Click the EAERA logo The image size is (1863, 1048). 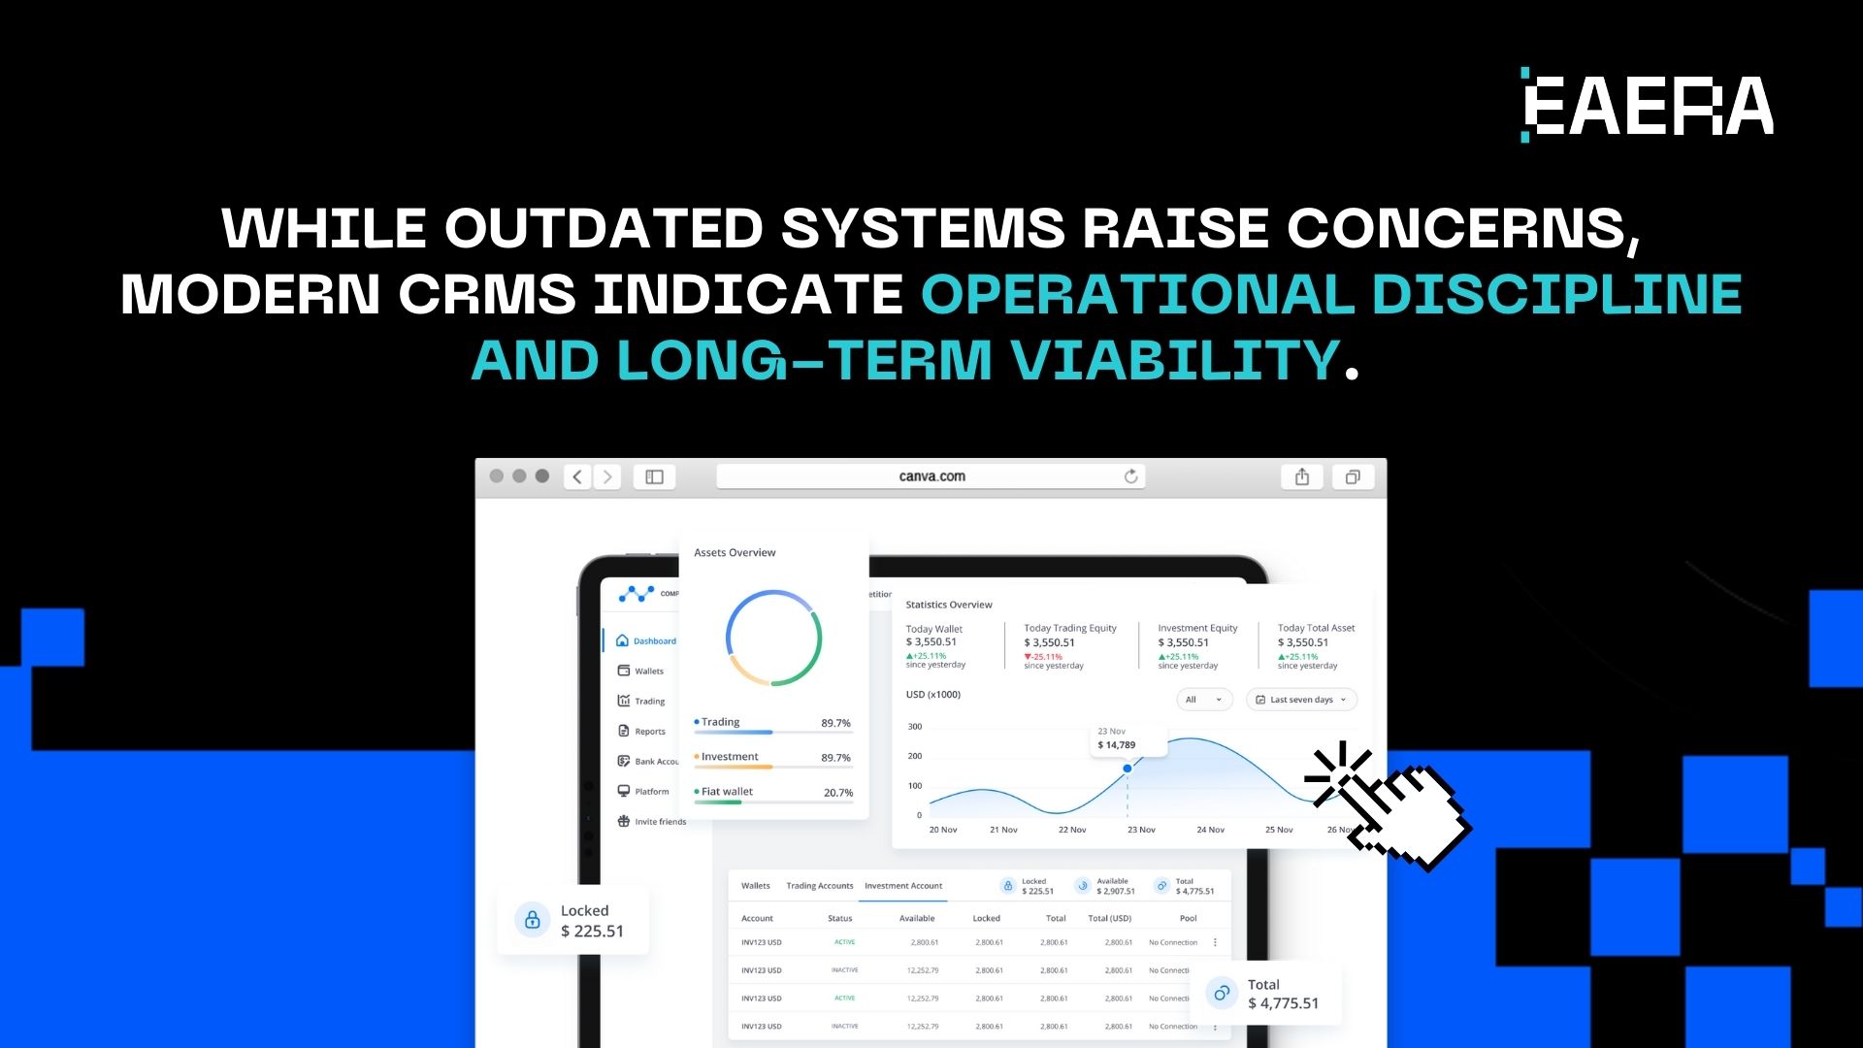[1647, 105]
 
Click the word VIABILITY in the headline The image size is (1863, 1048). [1175, 361]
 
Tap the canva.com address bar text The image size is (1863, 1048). [931, 476]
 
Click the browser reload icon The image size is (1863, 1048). [1130, 476]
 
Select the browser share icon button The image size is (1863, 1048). [1302, 476]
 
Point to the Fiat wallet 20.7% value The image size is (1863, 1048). [837, 793]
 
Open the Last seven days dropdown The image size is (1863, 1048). [1301, 700]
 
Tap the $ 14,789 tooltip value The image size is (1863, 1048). [1117, 745]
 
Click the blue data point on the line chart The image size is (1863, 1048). [1128, 769]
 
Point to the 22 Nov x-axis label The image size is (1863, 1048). [1072, 830]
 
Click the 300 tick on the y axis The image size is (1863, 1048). [915, 727]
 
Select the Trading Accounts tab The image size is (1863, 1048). [819, 886]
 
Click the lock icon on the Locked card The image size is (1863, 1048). [532, 920]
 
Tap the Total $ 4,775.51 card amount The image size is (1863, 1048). [1283, 1003]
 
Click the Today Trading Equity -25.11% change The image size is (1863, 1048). [1045, 657]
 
